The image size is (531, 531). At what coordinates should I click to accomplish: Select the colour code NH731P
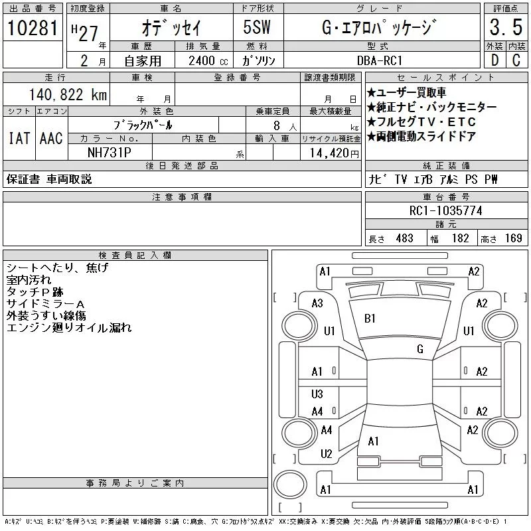110,152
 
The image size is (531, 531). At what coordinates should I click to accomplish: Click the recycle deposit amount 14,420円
331,153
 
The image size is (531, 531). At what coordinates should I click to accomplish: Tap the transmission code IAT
19,139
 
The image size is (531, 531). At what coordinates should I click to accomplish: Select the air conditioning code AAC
51,139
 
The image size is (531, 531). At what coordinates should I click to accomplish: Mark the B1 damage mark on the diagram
370,318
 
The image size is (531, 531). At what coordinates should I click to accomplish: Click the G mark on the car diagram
420,348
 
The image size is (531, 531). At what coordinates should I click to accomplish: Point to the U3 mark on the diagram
317,394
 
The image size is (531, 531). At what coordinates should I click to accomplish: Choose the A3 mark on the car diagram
317,303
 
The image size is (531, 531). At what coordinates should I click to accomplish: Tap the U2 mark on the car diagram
326,454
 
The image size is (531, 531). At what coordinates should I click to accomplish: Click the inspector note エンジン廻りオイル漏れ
69,328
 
